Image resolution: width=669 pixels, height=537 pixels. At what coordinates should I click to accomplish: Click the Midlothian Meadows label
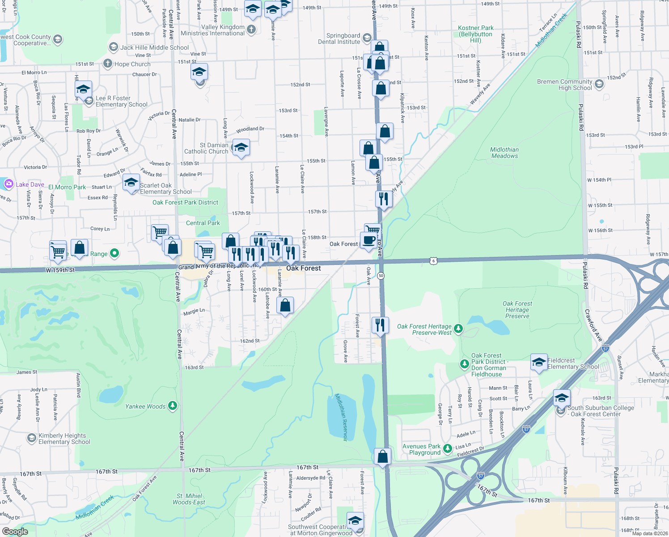click(504, 153)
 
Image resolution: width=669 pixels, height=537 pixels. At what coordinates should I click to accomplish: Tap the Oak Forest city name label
click(304, 268)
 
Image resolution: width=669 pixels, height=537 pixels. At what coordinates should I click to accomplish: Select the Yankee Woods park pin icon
click(173, 406)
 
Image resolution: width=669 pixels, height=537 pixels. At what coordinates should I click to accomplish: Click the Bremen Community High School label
click(564, 85)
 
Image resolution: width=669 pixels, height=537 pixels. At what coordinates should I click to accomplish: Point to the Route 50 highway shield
click(381, 276)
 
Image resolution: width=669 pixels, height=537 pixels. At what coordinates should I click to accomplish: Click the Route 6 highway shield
click(433, 261)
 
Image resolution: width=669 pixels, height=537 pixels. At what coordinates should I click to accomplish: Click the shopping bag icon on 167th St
click(383, 456)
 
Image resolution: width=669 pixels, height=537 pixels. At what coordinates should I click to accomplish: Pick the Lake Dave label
click(30, 184)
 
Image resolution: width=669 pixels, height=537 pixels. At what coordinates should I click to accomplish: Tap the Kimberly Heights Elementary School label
click(64, 439)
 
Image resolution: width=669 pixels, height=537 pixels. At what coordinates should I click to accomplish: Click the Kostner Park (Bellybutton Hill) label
click(476, 34)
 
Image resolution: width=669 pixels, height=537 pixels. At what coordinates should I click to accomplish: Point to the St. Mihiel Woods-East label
click(189, 499)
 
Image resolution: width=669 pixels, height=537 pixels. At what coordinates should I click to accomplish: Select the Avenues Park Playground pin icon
click(448, 447)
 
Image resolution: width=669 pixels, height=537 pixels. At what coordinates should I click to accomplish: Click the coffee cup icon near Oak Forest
click(368, 240)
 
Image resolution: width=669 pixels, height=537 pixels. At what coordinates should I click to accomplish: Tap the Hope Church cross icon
click(107, 64)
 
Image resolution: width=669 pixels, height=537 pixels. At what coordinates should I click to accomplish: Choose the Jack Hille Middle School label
click(154, 47)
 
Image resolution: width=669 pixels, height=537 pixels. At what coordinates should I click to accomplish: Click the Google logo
click(15, 531)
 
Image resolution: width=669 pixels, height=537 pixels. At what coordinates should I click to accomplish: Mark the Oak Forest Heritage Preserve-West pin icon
click(458, 329)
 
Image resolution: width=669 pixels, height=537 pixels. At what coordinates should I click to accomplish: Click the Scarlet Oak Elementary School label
click(165, 188)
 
